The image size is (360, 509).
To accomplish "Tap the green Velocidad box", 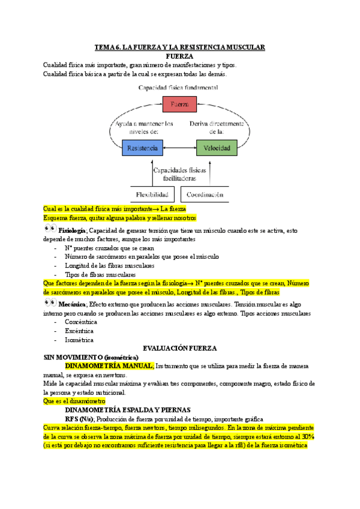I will click(216, 148).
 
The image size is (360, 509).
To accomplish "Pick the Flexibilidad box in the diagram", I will click(153, 194).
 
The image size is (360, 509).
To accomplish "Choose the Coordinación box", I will click(205, 194).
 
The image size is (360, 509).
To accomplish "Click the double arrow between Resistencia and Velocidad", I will click(179, 148).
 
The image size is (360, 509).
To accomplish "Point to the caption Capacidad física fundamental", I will click(178, 87).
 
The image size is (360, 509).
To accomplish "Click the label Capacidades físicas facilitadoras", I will click(179, 174).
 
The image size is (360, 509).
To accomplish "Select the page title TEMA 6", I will click(179, 47).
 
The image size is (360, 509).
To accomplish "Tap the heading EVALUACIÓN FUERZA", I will click(179, 348).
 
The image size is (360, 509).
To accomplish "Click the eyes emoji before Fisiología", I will click(50, 230).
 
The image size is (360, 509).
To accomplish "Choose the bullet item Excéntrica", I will click(80, 331).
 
